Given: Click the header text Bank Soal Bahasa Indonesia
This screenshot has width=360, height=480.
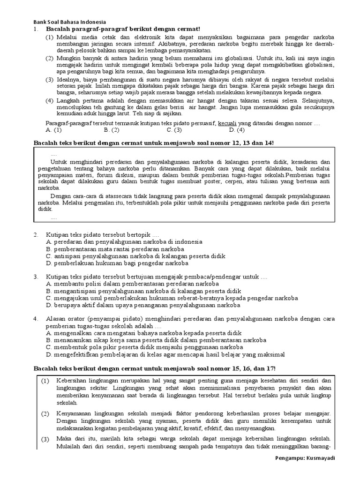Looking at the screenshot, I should [69, 22].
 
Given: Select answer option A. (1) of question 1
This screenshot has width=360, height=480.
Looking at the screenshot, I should [54, 130].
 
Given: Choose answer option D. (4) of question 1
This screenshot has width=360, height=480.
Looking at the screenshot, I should [237, 130].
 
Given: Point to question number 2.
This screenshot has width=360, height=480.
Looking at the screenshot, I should [36, 234].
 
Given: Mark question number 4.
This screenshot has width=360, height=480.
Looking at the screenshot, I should [36, 319].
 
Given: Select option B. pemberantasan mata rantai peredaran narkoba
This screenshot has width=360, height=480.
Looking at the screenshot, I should [115, 249].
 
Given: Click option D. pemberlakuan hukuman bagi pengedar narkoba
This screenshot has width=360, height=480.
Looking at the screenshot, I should [117, 263].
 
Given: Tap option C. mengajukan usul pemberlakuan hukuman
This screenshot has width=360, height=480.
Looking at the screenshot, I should [172, 298].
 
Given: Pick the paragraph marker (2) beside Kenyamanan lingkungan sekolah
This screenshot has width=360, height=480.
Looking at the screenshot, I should [45, 414].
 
